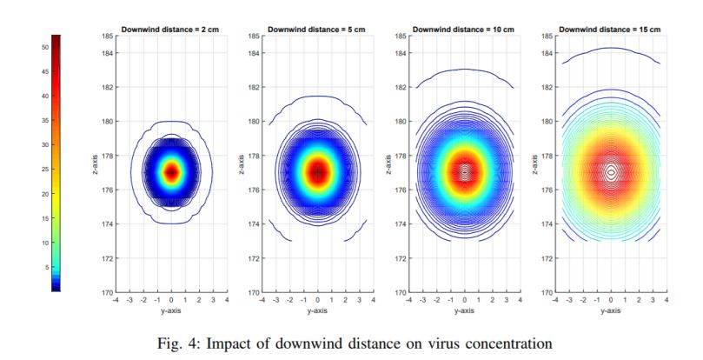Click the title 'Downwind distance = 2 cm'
170,30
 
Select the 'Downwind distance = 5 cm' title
316,30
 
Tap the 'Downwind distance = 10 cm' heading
463,30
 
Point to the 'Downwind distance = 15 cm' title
610,30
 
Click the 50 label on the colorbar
45,47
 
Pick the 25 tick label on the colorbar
45,170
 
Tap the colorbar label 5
47,267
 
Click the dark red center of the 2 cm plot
171,172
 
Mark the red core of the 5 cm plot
318,172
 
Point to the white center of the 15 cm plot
611,172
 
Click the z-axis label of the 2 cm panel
95,164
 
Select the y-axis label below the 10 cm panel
464,310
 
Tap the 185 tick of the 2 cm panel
108,36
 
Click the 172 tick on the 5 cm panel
254,258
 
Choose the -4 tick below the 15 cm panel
555,299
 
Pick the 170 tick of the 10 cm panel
401,292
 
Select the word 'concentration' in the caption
508,344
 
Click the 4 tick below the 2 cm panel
227,299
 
